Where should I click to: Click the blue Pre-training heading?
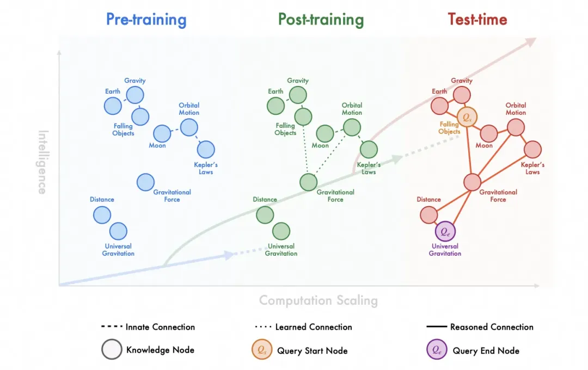tap(146, 20)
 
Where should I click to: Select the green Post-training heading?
tap(321, 20)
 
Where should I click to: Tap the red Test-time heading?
tap(477, 20)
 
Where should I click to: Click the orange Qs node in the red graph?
tap(467, 116)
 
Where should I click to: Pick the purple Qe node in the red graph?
tap(445, 231)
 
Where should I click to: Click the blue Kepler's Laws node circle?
tap(206, 149)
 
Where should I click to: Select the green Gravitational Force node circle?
tap(309, 182)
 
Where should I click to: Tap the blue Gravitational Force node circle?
tap(145, 182)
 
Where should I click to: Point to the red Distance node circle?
tap(428, 215)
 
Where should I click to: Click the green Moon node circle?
tap(325, 133)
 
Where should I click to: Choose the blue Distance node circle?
tap(102, 215)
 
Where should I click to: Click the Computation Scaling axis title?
tap(318, 300)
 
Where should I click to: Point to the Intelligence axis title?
tap(42, 162)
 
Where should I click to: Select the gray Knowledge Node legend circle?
tap(112, 350)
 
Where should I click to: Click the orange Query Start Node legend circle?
tap(262, 350)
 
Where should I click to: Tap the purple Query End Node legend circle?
tap(437, 350)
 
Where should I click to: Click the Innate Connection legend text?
tap(160, 327)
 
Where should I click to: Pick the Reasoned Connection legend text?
tap(492, 327)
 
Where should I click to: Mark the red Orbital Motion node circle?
tap(516, 128)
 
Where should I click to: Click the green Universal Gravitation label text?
tap(281, 250)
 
